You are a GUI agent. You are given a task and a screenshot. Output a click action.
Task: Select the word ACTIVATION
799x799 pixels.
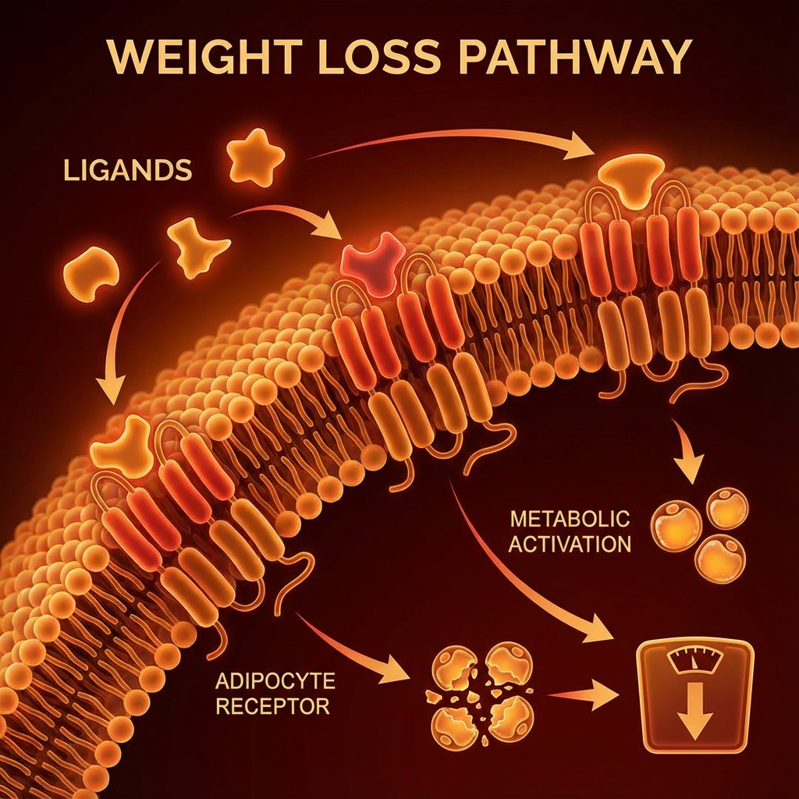point(569,544)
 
